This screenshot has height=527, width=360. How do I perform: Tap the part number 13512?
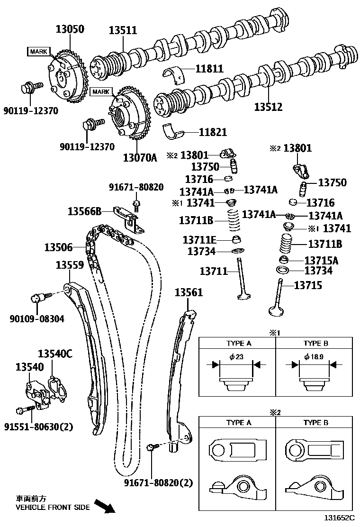tap(268, 107)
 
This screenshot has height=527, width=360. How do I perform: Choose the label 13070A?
tap(140, 157)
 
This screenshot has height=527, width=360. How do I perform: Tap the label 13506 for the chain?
tap(59, 247)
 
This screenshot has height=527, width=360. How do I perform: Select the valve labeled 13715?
tap(277, 299)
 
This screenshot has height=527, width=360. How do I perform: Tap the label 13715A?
tap(322, 260)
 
